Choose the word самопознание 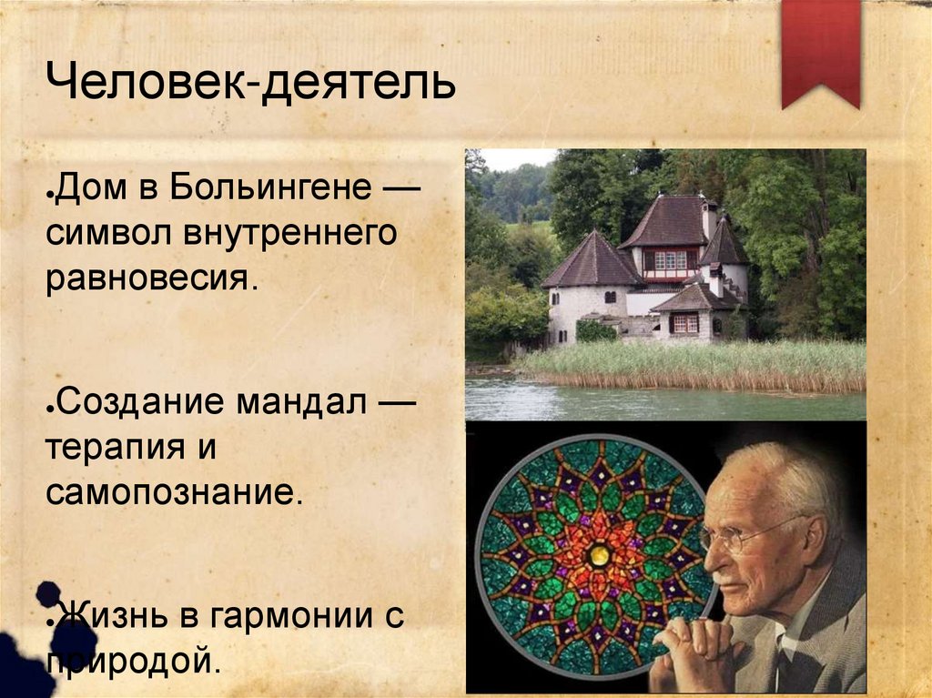click(x=172, y=494)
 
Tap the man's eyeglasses click(x=742, y=536)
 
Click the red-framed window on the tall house click(x=670, y=261)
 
